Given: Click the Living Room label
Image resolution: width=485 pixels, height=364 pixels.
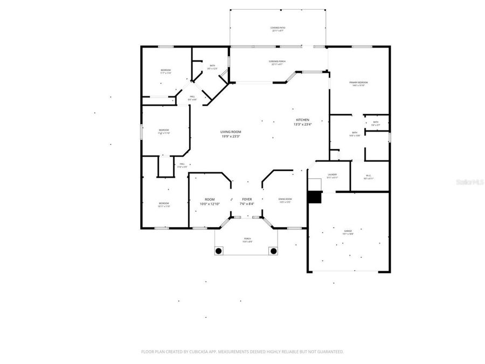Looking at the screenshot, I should (230, 132).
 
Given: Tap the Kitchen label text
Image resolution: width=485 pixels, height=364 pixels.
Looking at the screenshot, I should (302, 119).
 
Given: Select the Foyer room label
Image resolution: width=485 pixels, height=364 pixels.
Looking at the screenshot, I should (246, 199).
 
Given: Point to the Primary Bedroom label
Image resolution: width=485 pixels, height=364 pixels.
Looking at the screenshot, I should (358, 82).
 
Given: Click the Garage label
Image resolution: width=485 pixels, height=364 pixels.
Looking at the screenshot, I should (348, 230).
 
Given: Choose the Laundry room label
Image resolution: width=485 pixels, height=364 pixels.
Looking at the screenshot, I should (332, 174).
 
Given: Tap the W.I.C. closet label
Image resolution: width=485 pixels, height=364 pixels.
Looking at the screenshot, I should (369, 175).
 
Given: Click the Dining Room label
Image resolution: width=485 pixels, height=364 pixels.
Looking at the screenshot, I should (285, 199).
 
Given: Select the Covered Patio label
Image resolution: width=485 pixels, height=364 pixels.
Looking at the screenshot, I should (278, 28).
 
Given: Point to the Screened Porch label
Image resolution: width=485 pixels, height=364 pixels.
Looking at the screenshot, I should (278, 61).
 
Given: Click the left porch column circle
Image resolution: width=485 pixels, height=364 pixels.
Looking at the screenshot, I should (219, 251).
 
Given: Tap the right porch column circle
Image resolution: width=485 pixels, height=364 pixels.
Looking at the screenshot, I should (273, 251).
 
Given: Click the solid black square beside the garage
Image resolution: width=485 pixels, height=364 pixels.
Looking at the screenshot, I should (314, 197).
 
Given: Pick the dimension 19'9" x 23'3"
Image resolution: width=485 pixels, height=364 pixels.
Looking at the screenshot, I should (230, 136).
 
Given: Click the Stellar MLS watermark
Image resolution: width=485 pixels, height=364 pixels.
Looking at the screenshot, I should (470, 182).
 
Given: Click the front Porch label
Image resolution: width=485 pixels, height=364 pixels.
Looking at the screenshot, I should (247, 238).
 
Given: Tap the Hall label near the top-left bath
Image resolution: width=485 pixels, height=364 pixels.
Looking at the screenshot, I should (192, 97).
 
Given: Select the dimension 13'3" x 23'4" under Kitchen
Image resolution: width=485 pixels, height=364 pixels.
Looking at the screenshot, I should (302, 124).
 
